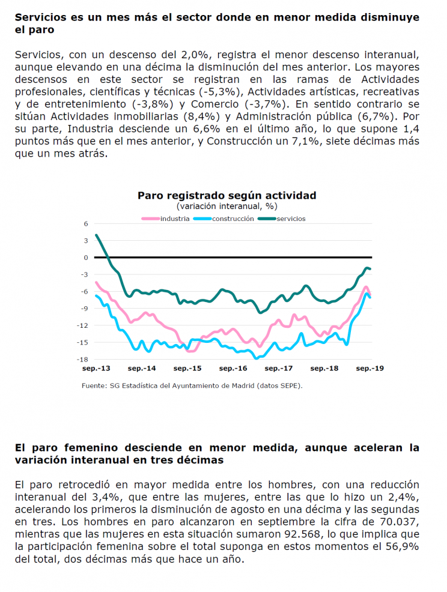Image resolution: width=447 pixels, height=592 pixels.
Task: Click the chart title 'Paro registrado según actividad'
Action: tap(227, 196)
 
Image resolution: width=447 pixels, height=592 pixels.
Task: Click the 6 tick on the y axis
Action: tap(86, 223)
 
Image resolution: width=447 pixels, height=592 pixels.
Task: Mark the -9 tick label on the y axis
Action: tap(84, 309)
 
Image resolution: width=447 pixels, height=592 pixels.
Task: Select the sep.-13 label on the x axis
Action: tap(96, 368)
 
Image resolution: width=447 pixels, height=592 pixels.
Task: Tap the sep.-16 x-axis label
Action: tap(233, 368)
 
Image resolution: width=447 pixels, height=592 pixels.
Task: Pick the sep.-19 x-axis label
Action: tap(370, 368)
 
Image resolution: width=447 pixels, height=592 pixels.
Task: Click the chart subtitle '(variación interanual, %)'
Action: tap(227, 206)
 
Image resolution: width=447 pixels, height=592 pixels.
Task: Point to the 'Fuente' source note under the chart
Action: tap(192, 386)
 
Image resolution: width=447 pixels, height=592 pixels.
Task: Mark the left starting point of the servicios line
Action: tap(96, 235)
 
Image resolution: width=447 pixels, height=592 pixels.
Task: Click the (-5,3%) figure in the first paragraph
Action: tap(222, 92)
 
